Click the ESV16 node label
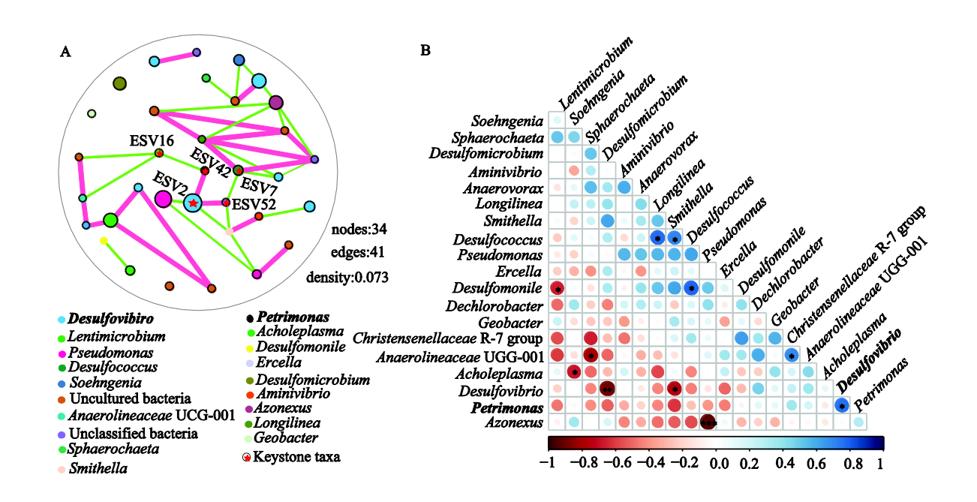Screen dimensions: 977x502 click(x=152, y=140)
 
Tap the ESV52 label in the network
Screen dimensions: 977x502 click(x=254, y=204)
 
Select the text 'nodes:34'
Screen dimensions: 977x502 click(x=359, y=229)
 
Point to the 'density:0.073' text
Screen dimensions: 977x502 click(x=347, y=277)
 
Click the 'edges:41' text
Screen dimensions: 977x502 click(x=357, y=252)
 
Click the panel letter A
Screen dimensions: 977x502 click(x=65, y=52)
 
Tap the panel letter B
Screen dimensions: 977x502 click(x=425, y=50)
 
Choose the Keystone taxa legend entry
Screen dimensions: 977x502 click(x=291, y=457)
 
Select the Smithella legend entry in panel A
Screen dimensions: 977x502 click(x=92, y=468)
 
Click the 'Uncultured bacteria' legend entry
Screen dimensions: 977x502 click(x=125, y=398)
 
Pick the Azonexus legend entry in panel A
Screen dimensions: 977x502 click(x=278, y=407)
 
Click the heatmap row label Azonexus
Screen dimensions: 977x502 click(x=514, y=422)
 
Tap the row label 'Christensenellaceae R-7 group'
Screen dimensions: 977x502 click(x=447, y=338)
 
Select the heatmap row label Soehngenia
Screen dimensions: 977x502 click(x=507, y=121)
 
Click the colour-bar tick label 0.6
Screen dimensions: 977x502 click(x=815, y=463)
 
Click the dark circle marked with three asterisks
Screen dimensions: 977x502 click(x=708, y=422)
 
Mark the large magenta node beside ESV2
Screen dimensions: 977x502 click(x=163, y=200)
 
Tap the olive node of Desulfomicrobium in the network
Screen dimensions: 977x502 click(x=119, y=83)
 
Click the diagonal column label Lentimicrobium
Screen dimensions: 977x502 click(x=596, y=74)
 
